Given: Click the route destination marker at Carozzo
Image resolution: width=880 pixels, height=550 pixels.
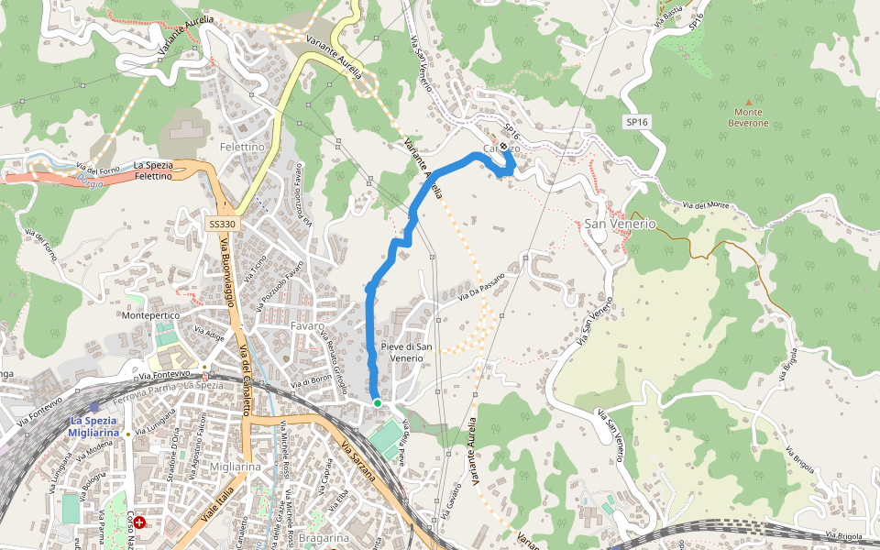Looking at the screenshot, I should tap(503, 148).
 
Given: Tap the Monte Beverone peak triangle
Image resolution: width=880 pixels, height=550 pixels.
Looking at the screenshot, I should tap(748, 102).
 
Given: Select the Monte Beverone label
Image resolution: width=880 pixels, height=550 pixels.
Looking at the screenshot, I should tap(748, 117).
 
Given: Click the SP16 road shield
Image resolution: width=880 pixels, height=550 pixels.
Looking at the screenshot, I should tap(637, 121).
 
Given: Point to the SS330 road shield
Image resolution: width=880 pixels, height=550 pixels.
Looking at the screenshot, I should tap(222, 224).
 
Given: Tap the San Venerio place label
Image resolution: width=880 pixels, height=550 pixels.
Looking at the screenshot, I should tap(621, 224).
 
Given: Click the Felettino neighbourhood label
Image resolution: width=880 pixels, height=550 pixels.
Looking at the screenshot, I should tap(242, 147).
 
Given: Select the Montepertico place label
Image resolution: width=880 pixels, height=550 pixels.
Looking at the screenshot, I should tap(151, 315).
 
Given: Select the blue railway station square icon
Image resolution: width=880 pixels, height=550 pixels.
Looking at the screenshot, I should tap(94, 406).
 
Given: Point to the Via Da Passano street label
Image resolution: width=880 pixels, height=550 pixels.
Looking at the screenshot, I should tap(481, 283).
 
